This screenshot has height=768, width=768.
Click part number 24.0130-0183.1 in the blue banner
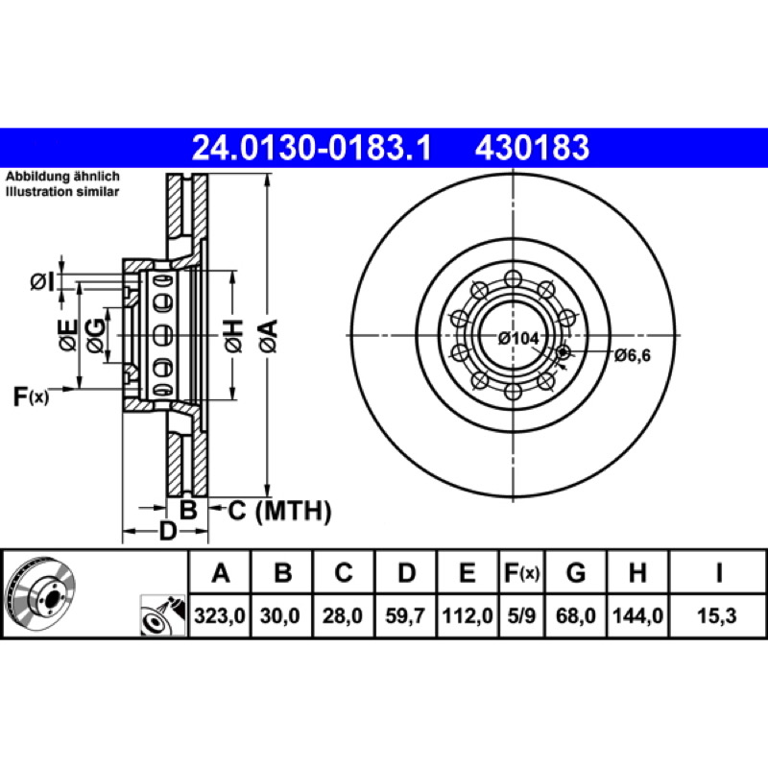point(312,148)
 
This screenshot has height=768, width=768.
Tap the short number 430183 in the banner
point(532,148)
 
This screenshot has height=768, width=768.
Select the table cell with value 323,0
point(220,615)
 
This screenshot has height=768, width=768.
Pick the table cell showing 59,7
point(405,615)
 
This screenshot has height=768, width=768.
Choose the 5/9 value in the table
point(521,615)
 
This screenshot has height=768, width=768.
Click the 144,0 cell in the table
point(637,615)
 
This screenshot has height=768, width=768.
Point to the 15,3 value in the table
point(717,615)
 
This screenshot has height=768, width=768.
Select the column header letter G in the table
point(575,572)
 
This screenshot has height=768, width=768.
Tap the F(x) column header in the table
point(521,572)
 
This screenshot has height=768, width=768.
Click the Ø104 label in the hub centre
point(518,338)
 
